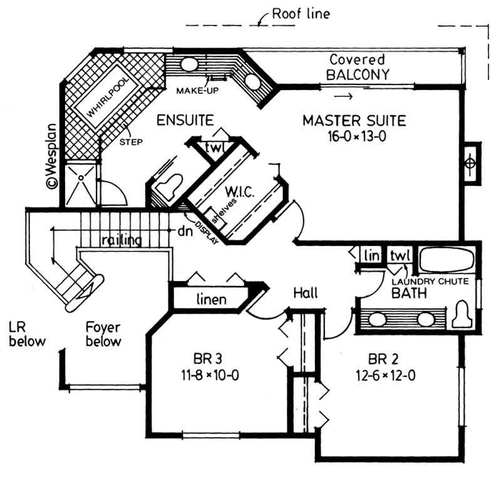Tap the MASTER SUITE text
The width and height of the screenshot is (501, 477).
(x=354, y=120)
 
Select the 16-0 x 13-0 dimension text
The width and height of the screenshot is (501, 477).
(x=354, y=136)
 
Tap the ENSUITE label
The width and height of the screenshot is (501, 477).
(x=185, y=120)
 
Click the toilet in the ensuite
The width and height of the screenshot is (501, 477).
(x=167, y=186)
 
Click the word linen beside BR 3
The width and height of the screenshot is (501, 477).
(x=211, y=299)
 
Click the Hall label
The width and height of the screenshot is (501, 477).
(x=305, y=293)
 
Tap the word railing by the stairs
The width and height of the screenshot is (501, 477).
(x=121, y=240)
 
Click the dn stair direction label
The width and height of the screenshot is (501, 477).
(x=183, y=230)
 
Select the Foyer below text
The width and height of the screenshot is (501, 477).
(x=103, y=334)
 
